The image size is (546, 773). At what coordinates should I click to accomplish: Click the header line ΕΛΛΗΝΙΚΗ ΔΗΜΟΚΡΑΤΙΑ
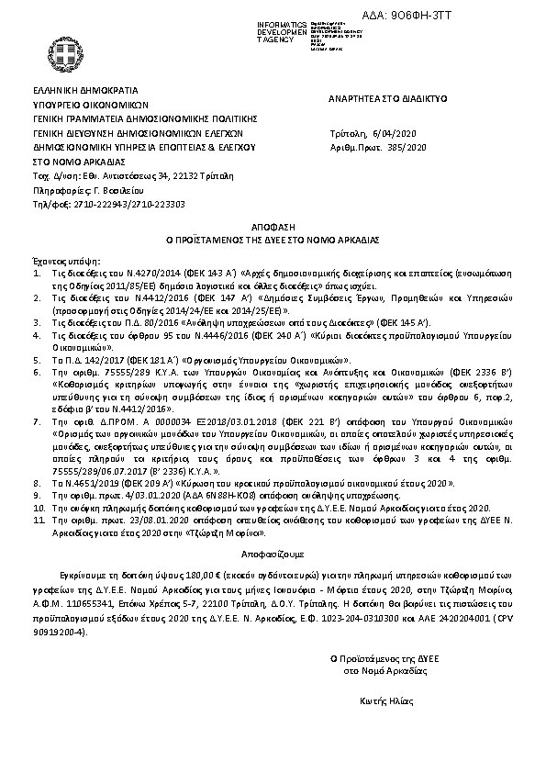click(x=85, y=91)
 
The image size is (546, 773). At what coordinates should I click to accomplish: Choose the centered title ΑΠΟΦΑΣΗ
click(x=273, y=225)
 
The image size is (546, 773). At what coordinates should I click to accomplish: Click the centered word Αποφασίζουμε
click(x=273, y=555)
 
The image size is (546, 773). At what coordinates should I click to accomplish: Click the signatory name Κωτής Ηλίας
click(x=384, y=702)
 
